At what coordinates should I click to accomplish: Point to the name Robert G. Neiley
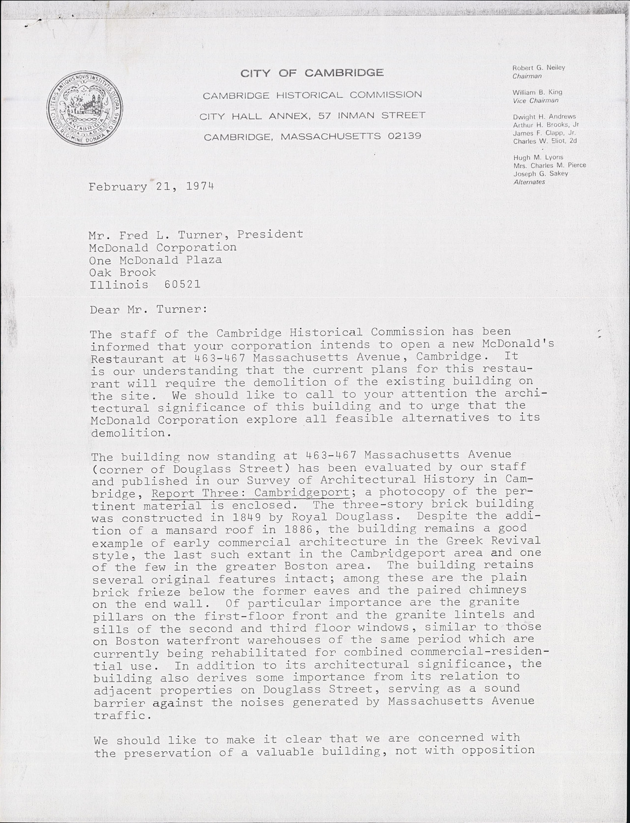tap(538, 67)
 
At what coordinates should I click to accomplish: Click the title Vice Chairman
tap(536, 100)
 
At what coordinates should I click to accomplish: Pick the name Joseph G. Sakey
tap(541, 173)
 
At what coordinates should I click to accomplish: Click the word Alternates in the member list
tap(529, 182)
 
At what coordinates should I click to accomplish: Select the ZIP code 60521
tap(182, 284)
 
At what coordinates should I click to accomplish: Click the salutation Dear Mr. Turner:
tap(149, 309)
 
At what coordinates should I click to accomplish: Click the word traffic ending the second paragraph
tap(120, 715)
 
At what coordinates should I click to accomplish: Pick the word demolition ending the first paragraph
tap(128, 432)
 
